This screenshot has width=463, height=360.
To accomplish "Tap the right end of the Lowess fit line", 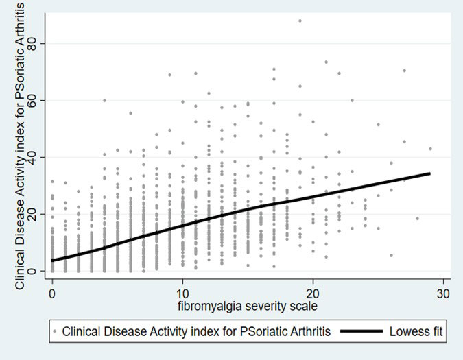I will (430, 173).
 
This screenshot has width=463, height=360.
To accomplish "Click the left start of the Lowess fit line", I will (53, 261).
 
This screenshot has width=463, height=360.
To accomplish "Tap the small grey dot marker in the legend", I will (54, 332).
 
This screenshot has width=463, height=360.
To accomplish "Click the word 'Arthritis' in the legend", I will (307, 332).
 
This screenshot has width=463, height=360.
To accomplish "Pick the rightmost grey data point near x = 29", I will (430, 149).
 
